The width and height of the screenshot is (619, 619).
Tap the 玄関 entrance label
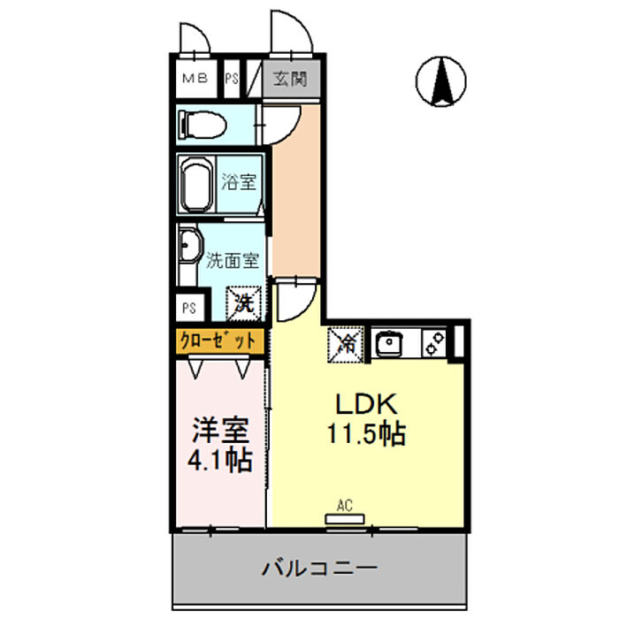[289, 80]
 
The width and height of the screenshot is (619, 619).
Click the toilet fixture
[202, 125]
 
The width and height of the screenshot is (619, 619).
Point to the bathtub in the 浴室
[196, 185]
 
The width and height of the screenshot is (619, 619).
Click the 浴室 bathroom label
[239, 183]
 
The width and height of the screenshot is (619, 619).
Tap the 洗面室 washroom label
[232, 261]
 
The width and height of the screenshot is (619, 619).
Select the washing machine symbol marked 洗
[243, 302]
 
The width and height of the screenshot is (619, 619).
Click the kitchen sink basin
[390, 342]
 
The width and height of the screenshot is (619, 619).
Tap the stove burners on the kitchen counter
[433, 342]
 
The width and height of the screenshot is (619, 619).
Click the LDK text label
[366, 403]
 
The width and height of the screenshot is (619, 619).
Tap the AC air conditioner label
[345, 506]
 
